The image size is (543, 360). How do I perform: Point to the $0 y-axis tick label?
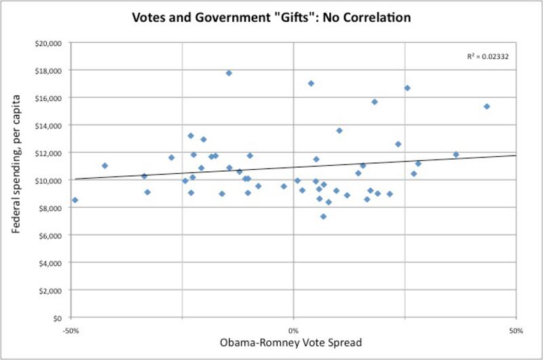point(56,318)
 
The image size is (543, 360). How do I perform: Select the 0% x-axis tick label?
point(293,331)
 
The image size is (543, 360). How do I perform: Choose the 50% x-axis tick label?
point(516,331)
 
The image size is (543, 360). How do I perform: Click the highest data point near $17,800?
point(229,73)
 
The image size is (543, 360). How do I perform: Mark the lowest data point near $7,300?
point(324,217)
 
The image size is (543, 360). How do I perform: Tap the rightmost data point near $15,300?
point(487,106)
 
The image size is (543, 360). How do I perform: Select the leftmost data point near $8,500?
point(75,200)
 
